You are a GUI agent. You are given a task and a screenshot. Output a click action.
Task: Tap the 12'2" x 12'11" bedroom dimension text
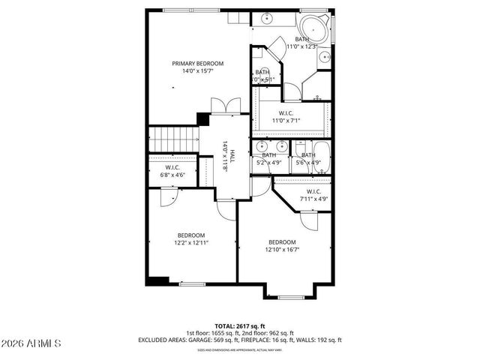tap(191, 242)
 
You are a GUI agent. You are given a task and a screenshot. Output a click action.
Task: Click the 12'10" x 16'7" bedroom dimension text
tap(282, 250)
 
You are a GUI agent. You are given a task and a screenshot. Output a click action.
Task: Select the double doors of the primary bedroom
tap(224, 107)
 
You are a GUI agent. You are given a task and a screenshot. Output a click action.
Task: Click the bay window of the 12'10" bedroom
tap(291, 298)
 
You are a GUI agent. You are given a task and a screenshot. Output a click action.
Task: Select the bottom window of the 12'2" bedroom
tap(193, 284)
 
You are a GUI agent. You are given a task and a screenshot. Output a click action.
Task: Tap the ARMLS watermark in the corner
tap(31, 344)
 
